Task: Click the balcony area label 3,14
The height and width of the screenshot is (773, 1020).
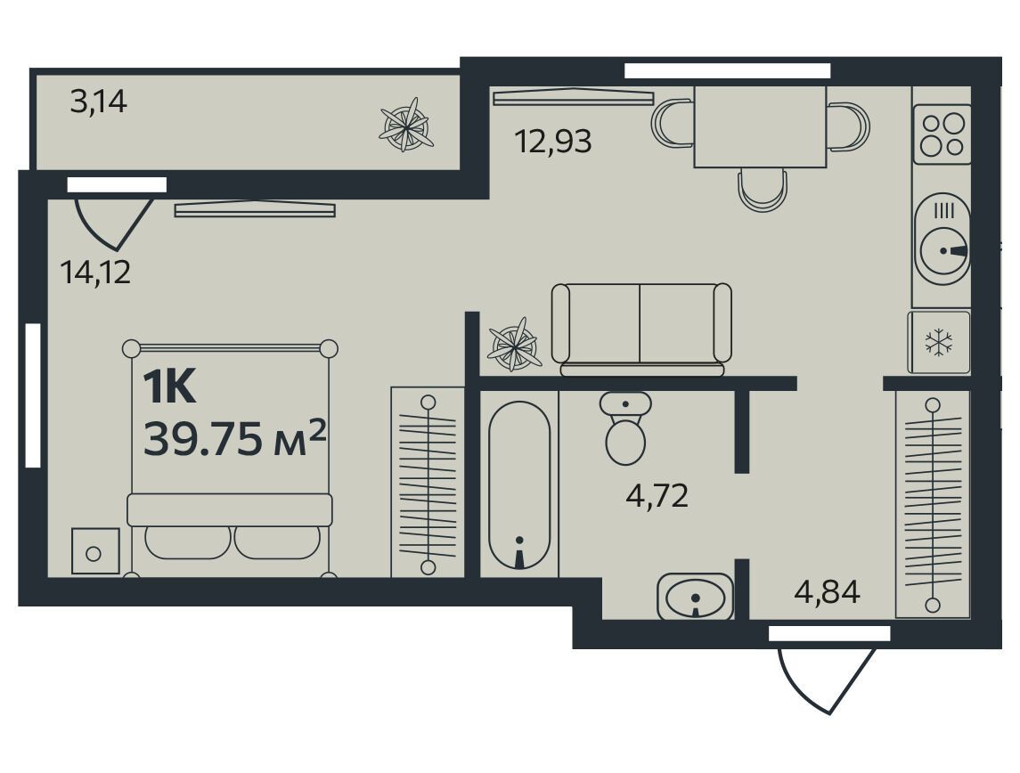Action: [98, 102]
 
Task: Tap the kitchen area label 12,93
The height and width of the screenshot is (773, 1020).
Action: [553, 141]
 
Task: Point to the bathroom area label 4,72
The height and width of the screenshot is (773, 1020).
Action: [657, 497]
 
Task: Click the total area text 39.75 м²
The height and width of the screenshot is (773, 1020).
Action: [234, 439]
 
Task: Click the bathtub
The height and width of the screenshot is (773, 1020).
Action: [519, 484]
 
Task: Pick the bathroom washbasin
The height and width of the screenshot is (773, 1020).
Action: [695, 596]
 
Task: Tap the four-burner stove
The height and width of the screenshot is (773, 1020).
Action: [942, 134]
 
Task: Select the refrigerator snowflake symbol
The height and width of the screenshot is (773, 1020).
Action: [939, 343]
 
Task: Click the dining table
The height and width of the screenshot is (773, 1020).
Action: [761, 126]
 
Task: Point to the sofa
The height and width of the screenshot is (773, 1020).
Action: [641, 330]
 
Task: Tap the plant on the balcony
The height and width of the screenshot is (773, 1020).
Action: [406, 125]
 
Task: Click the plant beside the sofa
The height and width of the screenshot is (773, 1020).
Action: [515, 344]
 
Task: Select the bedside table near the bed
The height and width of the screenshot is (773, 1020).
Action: [95, 550]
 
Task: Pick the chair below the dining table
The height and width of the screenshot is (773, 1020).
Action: [763, 190]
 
